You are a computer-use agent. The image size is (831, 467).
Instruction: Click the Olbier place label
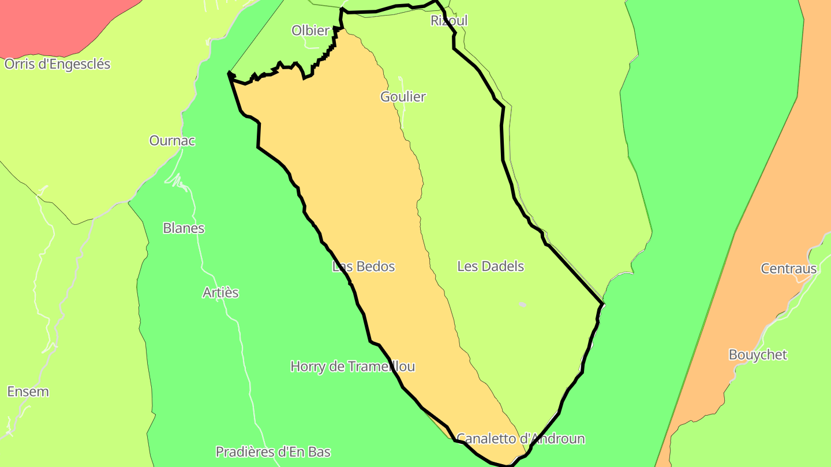point(310,31)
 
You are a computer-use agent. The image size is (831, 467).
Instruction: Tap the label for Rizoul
point(449,21)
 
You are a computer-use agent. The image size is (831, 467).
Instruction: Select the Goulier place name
point(403,97)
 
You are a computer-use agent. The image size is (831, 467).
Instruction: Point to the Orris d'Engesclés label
point(57,64)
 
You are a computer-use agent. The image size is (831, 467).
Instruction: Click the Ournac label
point(172,141)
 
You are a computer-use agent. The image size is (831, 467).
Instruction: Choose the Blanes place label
point(184,228)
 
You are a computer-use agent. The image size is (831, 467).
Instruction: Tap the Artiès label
point(220,293)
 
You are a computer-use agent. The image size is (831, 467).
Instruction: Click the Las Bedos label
point(364,266)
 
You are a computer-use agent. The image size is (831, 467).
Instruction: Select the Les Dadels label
point(491,266)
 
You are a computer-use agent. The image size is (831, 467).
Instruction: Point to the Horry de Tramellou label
point(353,367)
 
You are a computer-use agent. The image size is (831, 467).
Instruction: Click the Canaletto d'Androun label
point(521,439)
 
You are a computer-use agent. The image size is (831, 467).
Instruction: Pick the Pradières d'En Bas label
point(273,452)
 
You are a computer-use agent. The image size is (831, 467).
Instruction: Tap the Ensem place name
point(28,392)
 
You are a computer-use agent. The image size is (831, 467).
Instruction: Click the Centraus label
point(789,269)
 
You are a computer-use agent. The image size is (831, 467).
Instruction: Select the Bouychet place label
point(758,355)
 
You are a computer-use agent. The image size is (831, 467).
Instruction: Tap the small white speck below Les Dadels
point(522,304)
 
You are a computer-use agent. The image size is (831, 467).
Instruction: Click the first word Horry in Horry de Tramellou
point(308,367)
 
